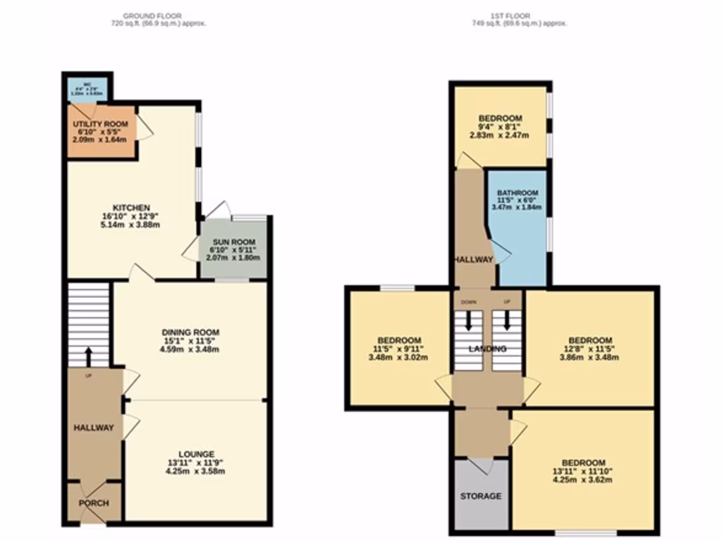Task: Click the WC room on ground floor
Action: (x=88, y=89)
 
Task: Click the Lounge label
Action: (x=196, y=454)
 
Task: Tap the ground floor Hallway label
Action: (x=94, y=428)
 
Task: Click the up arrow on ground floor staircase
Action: (x=89, y=355)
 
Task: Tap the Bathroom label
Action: (x=517, y=193)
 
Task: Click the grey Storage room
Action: (x=480, y=496)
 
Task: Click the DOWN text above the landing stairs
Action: (x=468, y=301)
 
